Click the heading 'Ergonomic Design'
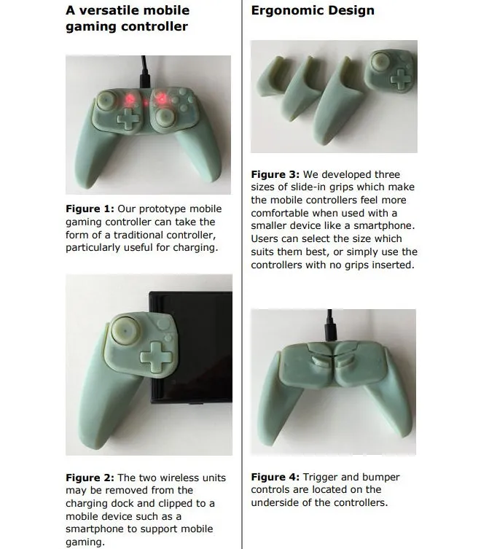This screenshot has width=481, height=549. [x=313, y=10]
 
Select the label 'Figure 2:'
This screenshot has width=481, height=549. [x=90, y=478]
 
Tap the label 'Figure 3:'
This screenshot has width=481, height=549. [x=275, y=174]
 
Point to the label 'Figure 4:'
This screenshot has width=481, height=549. [x=275, y=477]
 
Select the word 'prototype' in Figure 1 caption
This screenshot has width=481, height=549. [x=149, y=209]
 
